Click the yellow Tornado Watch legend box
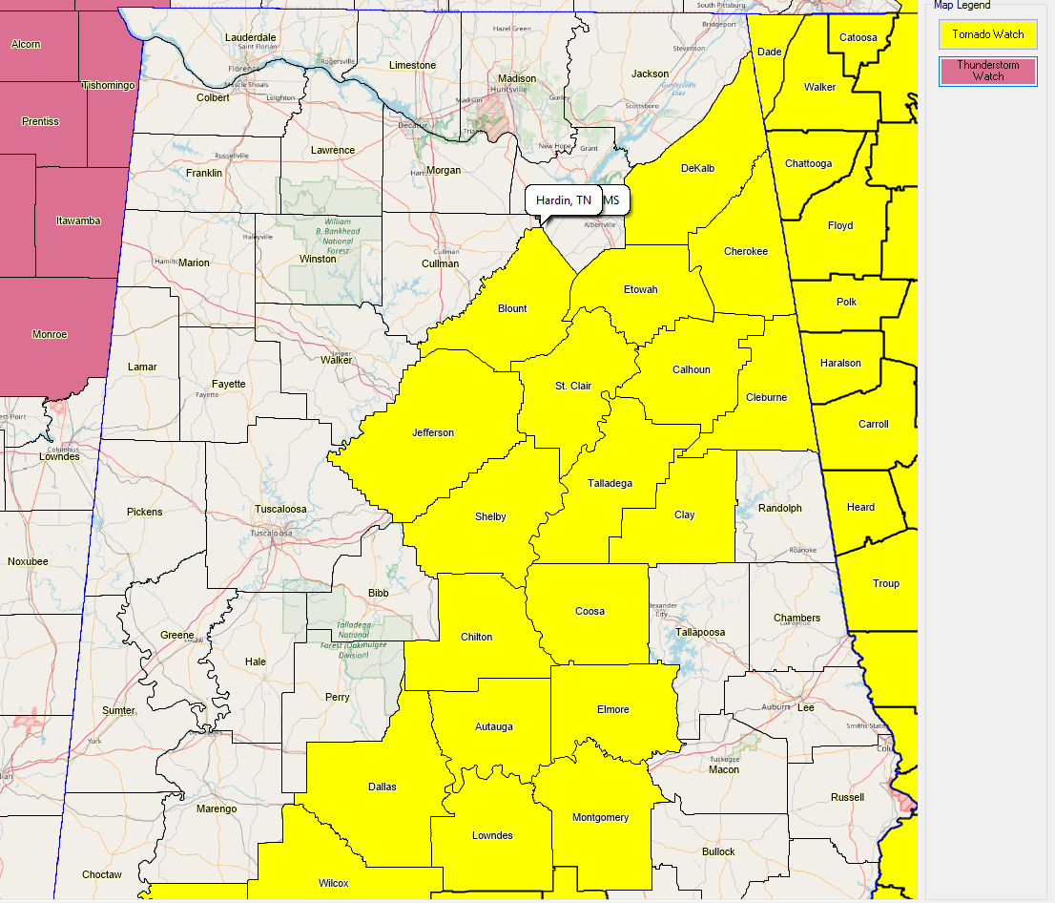click(x=987, y=34)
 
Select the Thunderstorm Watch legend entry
click(x=987, y=71)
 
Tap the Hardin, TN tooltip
click(x=564, y=200)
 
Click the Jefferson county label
click(x=433, y=432)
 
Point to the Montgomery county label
click(x=600, y=817)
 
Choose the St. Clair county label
click(x=573, y=386)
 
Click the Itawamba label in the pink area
click(x=78, y=220)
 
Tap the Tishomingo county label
click(x=109, y=85)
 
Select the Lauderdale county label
click(x=250, y=37)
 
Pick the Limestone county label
click(x=412, y=65)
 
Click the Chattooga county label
click(x=808, y=163)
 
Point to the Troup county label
click(x=885, y=583)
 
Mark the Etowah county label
click(x=640, y=289)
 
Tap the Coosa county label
click(x=590, y=611)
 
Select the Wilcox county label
click(x=334, y=882)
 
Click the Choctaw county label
click(x=101, y=874)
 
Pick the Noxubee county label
click(x=28, y=561)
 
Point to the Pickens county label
click(x=145, y=512)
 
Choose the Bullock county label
click(x=718, y=851)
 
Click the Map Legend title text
click(x=962, y=5)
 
